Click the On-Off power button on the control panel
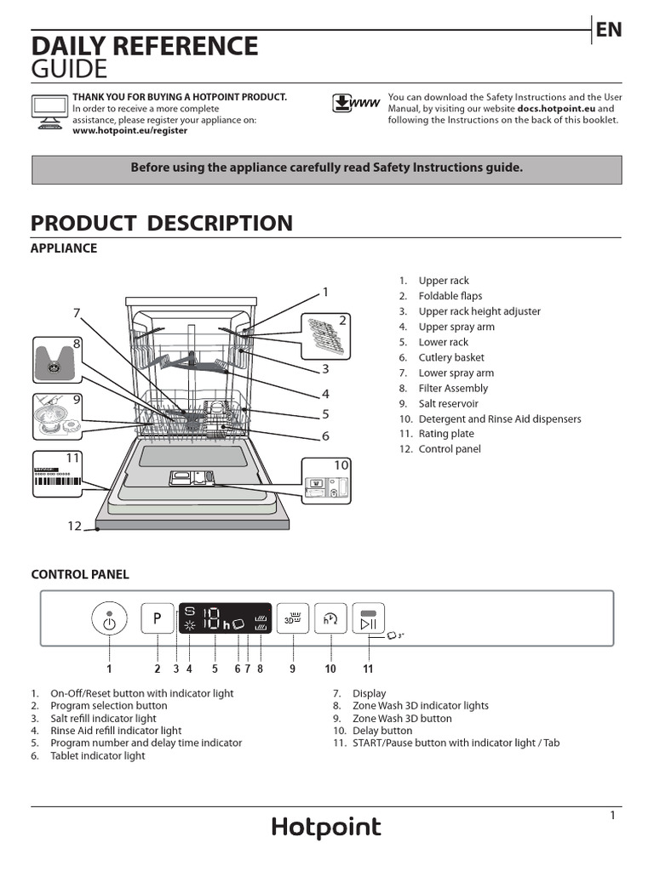109,620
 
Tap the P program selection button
158,620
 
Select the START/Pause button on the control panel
368,620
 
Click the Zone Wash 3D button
293,620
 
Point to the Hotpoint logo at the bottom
326,828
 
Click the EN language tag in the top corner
608,31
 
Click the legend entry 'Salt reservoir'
448,404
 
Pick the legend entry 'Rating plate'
445,434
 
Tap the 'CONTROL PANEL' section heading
80,575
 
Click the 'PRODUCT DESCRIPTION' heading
162,224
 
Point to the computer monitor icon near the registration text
49,112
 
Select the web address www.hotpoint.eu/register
130,131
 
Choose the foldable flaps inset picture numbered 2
324,333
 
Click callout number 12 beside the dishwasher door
74,527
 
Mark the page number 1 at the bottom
612,816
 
